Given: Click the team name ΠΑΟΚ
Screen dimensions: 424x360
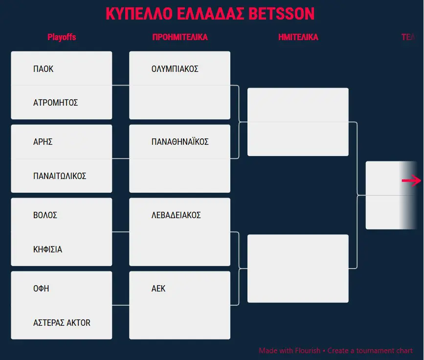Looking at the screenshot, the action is pos(43,69).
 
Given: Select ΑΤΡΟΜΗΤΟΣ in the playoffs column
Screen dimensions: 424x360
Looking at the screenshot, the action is pos(55,103).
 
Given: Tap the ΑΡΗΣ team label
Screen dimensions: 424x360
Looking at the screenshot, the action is pos(43,142).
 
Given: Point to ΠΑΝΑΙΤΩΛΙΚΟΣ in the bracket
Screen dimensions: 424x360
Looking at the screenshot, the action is pos(60,176).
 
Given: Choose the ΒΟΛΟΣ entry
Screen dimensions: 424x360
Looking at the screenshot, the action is pos(45,215).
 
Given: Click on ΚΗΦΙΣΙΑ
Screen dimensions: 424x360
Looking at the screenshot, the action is pos(47,249).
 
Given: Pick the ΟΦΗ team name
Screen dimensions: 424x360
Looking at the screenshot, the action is pos(41,289).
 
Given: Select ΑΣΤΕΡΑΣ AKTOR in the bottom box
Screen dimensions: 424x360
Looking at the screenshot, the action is pos(62,323).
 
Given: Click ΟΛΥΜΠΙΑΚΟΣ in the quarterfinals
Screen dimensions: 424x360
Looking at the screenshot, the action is pos(175,69).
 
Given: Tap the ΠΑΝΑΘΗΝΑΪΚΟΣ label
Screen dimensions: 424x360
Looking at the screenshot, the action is pos(180,141).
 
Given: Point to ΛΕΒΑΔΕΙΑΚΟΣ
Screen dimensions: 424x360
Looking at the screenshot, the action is pos(176,215).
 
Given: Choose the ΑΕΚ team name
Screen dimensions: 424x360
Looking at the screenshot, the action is pos(158,289).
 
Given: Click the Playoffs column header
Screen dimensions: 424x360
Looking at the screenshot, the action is pos(62,37).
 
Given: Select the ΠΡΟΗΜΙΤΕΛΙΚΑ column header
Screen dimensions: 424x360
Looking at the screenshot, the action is pos(180,37).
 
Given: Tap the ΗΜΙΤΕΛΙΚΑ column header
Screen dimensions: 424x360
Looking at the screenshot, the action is pos(298,37).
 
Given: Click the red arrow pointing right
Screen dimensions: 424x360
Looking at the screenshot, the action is pos(411,180).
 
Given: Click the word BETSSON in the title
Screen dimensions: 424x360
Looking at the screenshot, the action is pos(282,14).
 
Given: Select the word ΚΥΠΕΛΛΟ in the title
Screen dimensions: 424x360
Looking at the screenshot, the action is pos(139,14).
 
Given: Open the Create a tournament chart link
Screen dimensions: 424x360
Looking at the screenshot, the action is pos(370,351).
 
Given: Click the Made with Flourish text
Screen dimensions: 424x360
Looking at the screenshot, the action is pos(290,351).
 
